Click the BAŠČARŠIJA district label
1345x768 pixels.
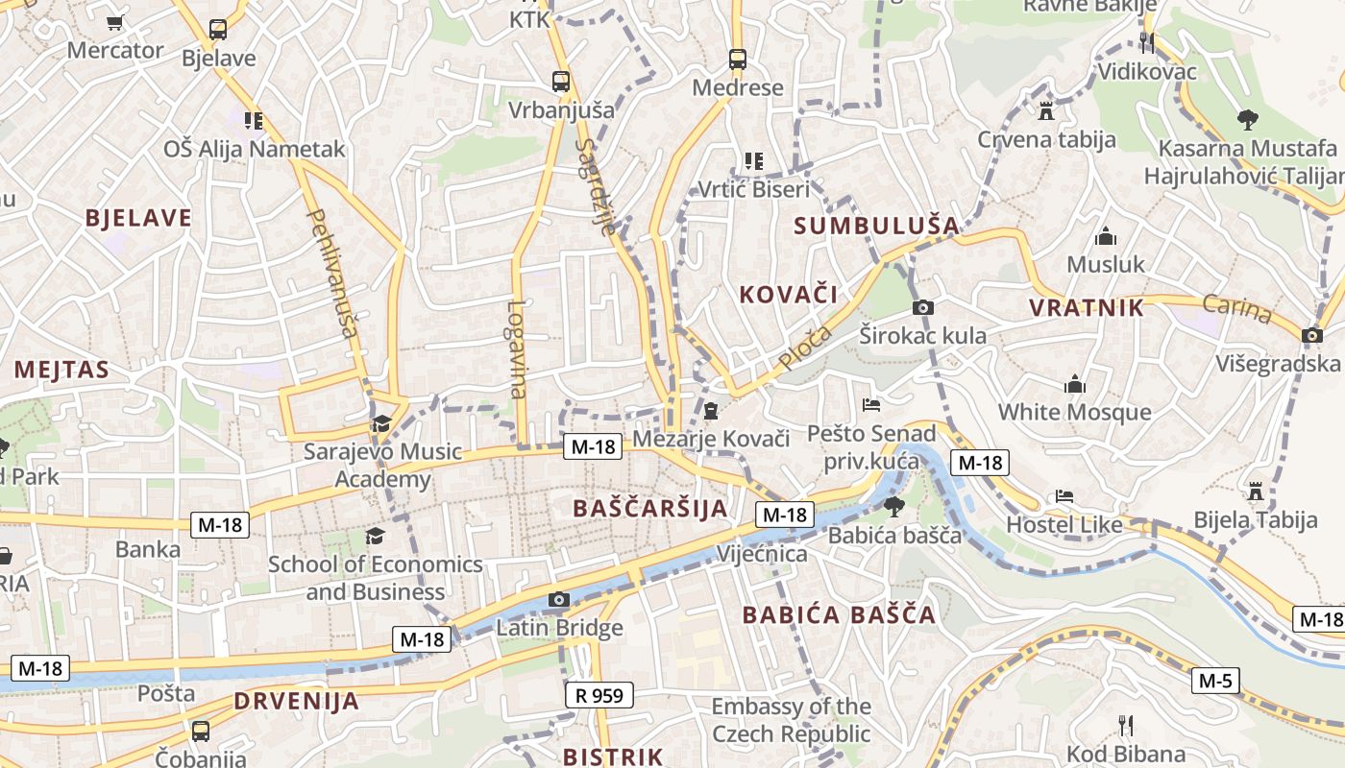650,508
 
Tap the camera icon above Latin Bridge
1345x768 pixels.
558,600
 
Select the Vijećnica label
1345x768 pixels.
763,554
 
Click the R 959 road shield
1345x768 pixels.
599,695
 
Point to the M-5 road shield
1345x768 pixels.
1215,682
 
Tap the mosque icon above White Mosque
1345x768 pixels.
1074,385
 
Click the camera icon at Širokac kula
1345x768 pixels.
922,308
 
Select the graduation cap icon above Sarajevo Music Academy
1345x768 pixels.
381,423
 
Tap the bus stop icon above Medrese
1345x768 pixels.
737,60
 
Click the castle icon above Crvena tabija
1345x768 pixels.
1046,110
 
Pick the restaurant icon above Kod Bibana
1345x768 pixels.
1126,725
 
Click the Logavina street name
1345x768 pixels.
518,349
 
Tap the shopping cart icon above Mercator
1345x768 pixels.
115,23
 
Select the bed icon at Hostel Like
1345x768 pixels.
1064,496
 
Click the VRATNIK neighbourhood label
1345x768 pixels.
1087,308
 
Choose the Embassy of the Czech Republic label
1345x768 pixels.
791,720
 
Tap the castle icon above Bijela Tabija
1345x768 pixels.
1255,492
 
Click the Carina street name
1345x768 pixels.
1236,309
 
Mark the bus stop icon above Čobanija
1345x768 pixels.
201,731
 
